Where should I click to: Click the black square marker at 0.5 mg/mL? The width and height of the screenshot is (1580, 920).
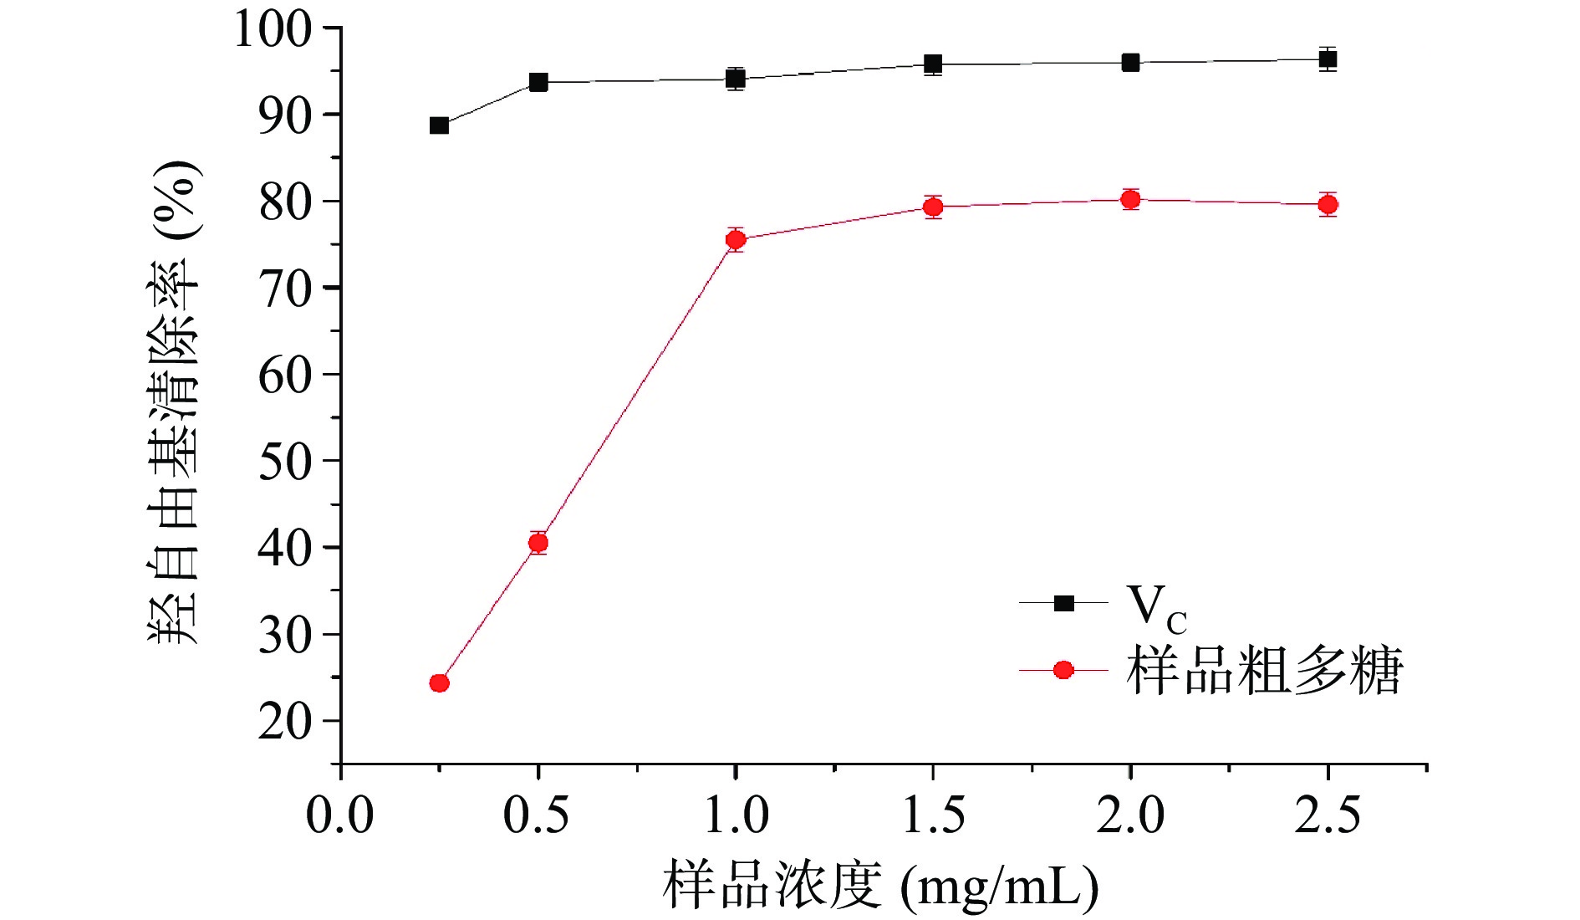[538, 82]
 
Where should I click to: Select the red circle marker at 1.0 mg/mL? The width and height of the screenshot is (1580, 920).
[736, 240]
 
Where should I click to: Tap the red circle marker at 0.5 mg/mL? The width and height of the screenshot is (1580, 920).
[538, 543]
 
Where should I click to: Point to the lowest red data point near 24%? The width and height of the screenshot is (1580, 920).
[439, 683]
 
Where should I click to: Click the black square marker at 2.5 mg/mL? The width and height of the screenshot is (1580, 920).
[1328, 59]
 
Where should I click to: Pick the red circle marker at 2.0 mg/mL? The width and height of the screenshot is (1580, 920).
[1130, 199]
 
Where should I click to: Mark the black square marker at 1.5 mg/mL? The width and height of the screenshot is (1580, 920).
[933, 64]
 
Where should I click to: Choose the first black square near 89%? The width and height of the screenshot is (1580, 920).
[439, 125]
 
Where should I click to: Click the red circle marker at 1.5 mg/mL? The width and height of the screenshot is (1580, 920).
[933, 207]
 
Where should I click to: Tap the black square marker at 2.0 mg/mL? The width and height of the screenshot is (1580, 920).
[1130, 62]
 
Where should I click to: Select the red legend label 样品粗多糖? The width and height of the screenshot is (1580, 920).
[1264, 671]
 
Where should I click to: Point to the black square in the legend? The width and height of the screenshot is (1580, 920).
[1063, 603]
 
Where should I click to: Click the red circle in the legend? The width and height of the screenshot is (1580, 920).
[1063, 670]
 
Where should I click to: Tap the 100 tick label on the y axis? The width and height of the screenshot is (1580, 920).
[273, 28]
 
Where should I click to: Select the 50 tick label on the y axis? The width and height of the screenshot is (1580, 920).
[284, 461]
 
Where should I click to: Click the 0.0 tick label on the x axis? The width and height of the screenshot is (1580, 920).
[339, 815]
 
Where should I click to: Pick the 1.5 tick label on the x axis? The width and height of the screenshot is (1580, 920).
[933, 815]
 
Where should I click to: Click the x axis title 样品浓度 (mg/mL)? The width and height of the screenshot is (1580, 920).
[880, 887]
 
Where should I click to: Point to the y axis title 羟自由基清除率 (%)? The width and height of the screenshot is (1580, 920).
[175, 401]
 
